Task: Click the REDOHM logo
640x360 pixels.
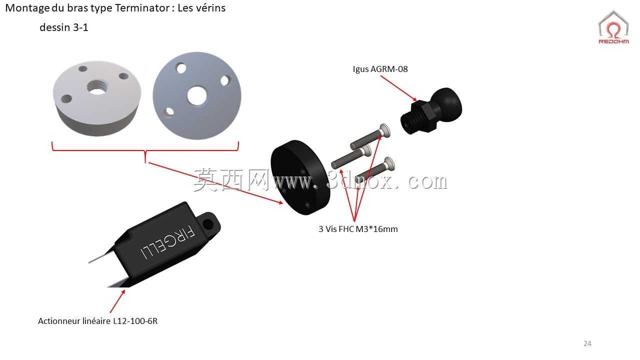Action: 613,27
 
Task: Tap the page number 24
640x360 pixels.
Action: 587,343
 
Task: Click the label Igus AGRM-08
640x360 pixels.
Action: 380,69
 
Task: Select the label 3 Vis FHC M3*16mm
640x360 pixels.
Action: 358,229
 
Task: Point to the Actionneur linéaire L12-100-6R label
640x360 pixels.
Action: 97,321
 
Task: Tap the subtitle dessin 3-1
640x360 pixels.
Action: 64,27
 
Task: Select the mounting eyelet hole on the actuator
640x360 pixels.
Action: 208,224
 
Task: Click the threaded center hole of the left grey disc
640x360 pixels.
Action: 97,87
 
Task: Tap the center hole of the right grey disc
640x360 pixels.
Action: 197,95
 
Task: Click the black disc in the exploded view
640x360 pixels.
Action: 300,177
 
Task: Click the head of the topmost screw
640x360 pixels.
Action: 384,130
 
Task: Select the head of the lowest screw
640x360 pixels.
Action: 389,163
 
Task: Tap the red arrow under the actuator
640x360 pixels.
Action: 117,301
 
